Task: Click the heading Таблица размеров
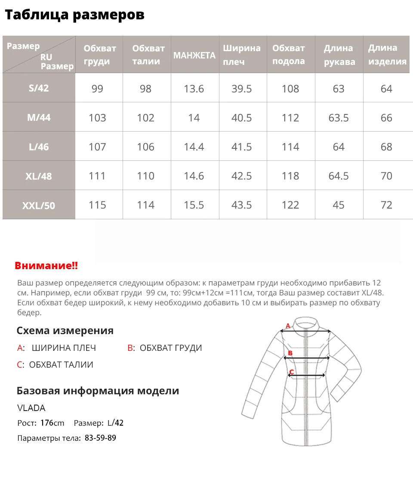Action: pyautogui.click(x=74, y=15)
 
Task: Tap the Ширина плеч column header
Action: pyautogui.click(x=241, y=55)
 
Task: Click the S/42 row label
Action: pyautogui.click(x=39, y=88)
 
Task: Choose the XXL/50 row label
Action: pyautogui.click(x=39, y=206)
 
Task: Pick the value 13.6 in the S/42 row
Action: pyautogui.click(x=194, y=89)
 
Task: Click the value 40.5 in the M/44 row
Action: pyautogui.click(x=242, y=118)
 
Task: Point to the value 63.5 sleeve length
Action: pyautogui.click(x=339, y=118)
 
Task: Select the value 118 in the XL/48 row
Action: pyautogui.click(x=290, y=176)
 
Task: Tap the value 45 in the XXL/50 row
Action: pyautogui.click(x=339, y=205)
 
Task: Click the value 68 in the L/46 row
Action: pyautogui.click(x=386, y=147)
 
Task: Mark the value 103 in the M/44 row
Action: pyautogui.click(x=97, y=118)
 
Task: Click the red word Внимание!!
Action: pyautogui.click(x=46, y=266)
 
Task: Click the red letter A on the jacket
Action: pyautogui.click(x=288, y=326)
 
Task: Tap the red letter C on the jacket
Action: pyautogui.click(x=291, y=372)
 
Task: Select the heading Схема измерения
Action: pyautogui.click(x=65, y=331)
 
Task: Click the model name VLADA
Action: pyautogui.click(x=31, y=408)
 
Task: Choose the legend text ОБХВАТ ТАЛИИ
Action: pyautogui.click(x=61, y=365)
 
